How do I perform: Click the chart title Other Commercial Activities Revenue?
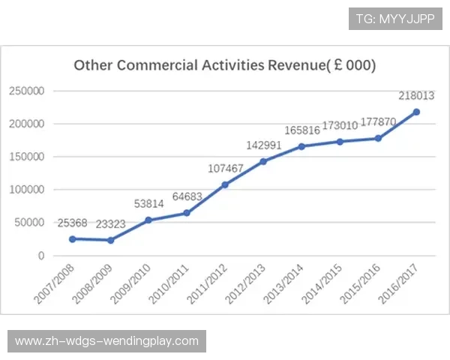[224, 65]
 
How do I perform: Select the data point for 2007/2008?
[72, 239]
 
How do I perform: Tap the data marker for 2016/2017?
[416, 112]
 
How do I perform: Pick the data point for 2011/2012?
[225, 184]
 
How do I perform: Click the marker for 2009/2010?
[148, 220]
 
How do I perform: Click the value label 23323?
[111, 224]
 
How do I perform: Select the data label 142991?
[263, 145]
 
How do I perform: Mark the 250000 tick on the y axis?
[27, 91]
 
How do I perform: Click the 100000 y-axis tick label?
[27, 190]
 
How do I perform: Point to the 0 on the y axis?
[42, 256]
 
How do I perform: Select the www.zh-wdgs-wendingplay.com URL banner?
[107, 341]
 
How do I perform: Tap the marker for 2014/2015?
[340, 142]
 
